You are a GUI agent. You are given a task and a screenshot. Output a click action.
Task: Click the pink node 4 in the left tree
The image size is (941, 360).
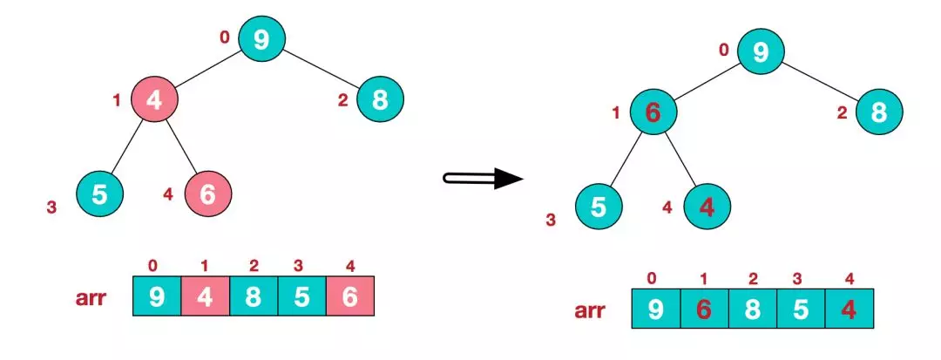[154, 99]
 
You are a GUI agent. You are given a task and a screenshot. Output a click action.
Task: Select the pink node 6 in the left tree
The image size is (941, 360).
[207, 194]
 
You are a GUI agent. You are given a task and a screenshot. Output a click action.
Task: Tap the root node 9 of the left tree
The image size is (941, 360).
[261, 38]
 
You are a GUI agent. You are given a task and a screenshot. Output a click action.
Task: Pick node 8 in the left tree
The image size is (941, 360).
[381, 99]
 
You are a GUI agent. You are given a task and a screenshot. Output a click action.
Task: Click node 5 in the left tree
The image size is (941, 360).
[99, 194]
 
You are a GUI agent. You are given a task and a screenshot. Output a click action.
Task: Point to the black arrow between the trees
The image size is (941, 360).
[483, 178]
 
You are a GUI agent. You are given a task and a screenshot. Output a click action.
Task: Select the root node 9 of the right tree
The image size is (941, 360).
[761, 51]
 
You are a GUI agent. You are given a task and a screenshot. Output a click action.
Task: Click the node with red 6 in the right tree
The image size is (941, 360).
[653, 112]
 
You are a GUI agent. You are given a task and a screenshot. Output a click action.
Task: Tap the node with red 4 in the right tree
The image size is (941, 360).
[707, 207]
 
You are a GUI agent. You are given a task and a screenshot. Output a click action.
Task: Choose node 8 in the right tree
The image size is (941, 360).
[879, 112]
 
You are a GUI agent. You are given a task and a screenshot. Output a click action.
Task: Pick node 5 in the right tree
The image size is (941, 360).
[599, 207]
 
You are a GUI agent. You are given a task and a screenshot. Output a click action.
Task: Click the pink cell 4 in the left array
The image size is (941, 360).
[206, 295]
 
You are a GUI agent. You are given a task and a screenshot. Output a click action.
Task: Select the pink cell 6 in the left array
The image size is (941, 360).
[350, 295]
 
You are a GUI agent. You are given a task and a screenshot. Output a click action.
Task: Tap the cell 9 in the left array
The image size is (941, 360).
[157, 295]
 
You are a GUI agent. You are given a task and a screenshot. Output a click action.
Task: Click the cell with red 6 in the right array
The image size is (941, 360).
[705, 309]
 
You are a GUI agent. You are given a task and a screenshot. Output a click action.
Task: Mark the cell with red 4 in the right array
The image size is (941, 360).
[850, 309]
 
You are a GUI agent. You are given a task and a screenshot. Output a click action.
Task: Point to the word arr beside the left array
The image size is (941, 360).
[91, 298]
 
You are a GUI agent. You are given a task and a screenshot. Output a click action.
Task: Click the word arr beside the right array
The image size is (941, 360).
[590, 311]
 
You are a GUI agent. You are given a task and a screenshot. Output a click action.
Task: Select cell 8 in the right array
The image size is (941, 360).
[753, 309]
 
